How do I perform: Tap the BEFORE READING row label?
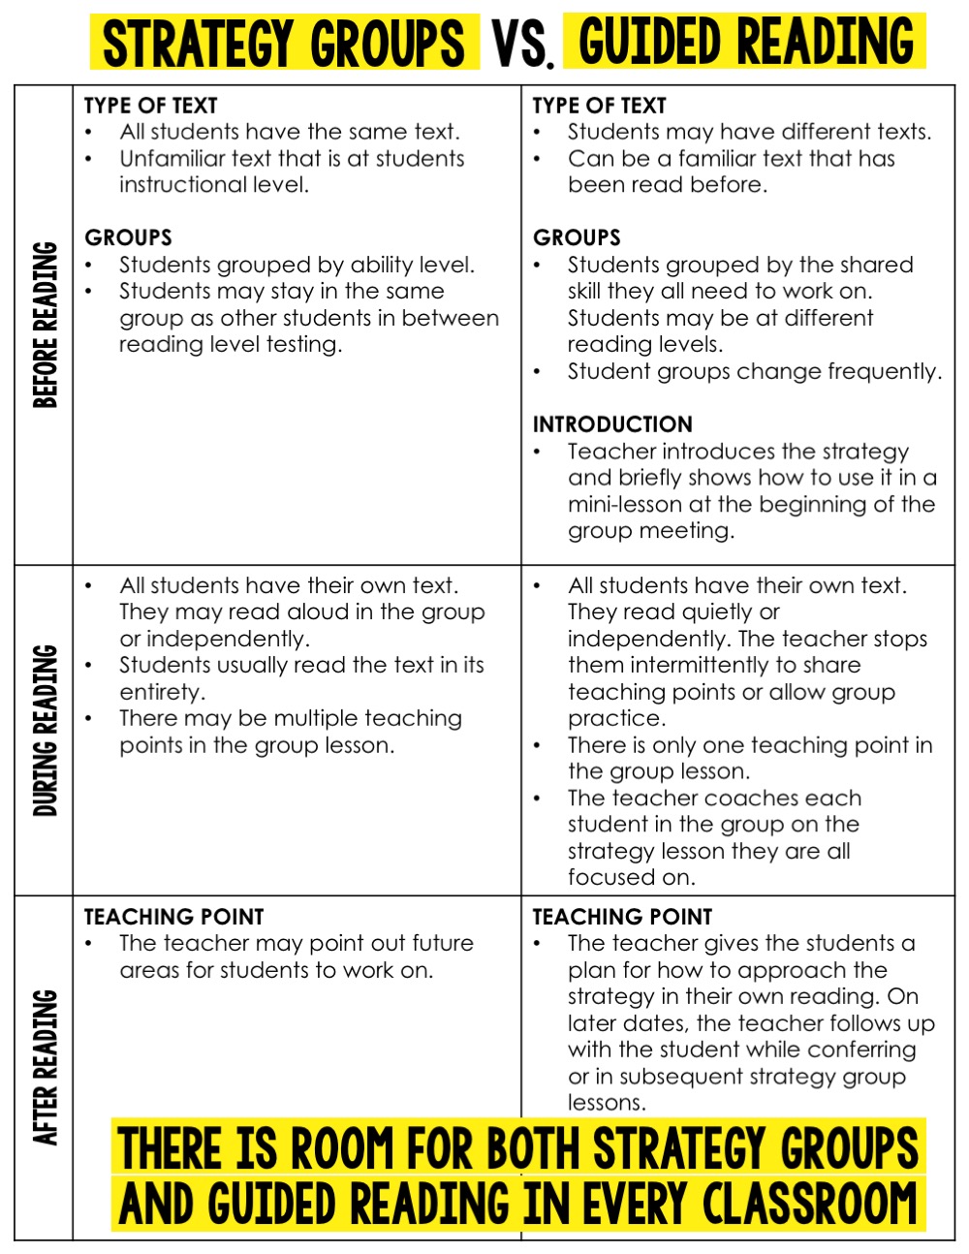coord(46,325)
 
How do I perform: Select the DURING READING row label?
coord(46,730)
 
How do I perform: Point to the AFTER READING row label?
coord(46,1067)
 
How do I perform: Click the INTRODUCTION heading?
coord(612,424)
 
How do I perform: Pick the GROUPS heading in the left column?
coord(128,238)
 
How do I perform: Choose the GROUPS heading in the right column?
coord(577,238)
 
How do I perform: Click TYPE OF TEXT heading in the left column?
coord(150,106)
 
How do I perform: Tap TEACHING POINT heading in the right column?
coord(622,917)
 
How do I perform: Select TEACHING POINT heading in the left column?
coord(173,917)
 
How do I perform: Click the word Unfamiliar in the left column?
coord(172,159)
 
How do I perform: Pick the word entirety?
coord(162,693)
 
